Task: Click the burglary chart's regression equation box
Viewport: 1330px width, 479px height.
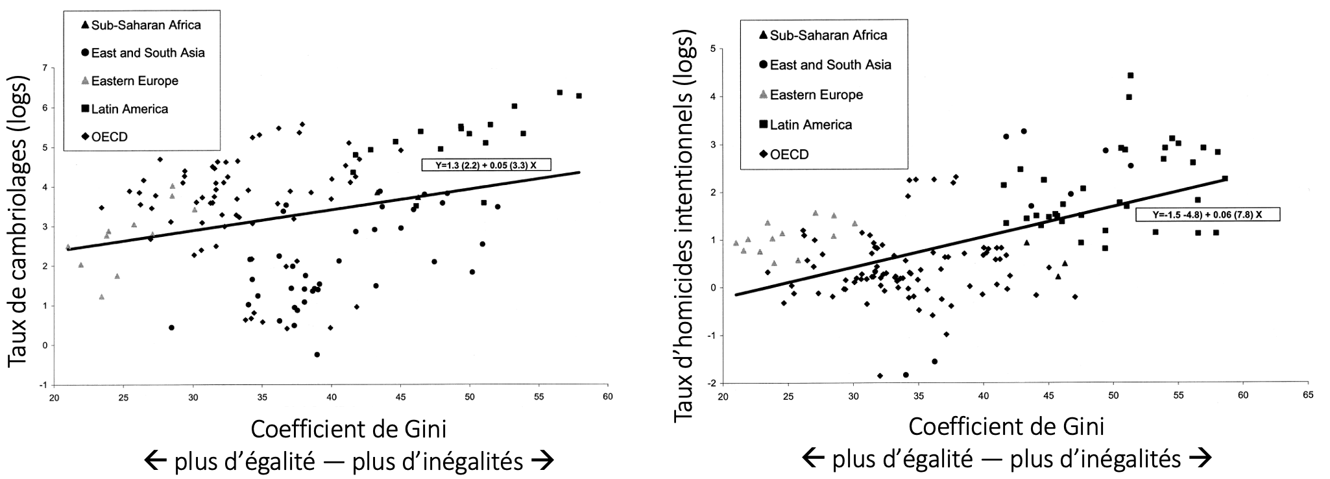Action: (x=486, y=165)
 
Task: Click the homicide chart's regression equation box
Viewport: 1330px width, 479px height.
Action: (x=1207, y=214)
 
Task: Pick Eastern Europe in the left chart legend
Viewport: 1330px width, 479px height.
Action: (x=134, y=81)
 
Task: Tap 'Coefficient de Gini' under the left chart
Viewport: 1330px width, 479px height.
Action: (x=348, y=429)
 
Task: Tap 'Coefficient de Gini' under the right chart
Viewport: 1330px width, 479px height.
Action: (x=1006, y=426)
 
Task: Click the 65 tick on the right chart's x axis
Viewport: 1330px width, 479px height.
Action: (x=1308, y=395)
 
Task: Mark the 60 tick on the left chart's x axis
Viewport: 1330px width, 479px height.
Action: (x=607, y=396)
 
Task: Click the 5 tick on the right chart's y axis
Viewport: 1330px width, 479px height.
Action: (x=712, y=49)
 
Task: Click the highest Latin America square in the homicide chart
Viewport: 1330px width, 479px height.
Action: (x=1130, y=75)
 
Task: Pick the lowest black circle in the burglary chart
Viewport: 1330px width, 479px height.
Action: (x=317, y=354)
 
